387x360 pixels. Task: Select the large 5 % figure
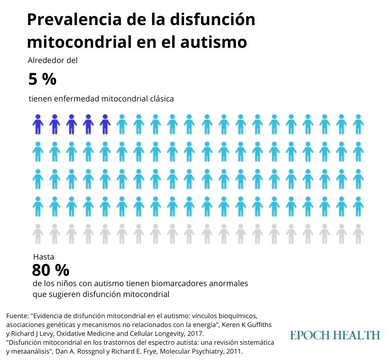pyautogui.click(x=42, y=79)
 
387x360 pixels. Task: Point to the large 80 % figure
pyautogui.click(x=50, y=270)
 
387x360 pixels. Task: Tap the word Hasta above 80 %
pyautogui.click(x=43, y=257)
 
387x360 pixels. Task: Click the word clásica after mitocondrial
pyautogui.click(x=161, y=98)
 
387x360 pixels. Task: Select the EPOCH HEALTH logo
pyautogui.click(x=335, y=335)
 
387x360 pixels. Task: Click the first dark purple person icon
pyautogui.click(x=38, y=124)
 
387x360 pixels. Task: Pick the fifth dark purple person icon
pyautogui.click(x=104, y=124)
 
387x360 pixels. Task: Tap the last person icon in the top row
pyautogui.click(x=358, y=124)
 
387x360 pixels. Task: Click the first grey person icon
pyautogui.click(x=38, y=233)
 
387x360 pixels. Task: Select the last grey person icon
pyautogui.click(x=358, y=233)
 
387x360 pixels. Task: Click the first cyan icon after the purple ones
pyautogui.click(x=122, y=124)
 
